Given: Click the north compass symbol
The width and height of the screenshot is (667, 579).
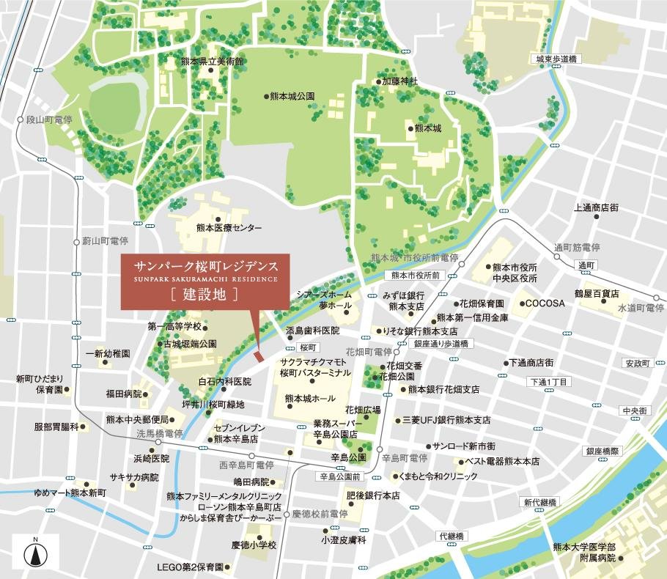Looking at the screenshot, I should coord(34,553).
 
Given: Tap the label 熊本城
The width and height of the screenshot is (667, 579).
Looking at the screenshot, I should coord(427,128).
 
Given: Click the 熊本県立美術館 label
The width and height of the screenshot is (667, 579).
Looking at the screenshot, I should coord(212,62).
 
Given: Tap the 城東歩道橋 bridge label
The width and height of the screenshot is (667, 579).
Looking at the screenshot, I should coord(554,59).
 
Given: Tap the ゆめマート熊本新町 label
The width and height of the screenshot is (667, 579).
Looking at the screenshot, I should coord(70,493).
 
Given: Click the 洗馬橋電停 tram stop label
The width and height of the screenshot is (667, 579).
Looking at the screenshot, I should coord(158,434).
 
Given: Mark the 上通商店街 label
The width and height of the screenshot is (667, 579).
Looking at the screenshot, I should coord(595,208).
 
